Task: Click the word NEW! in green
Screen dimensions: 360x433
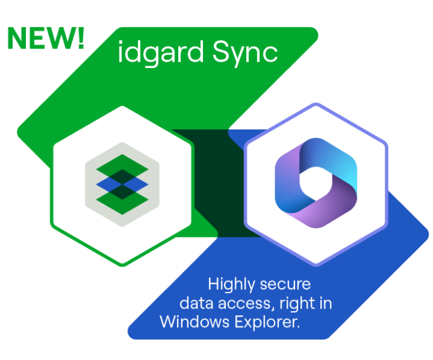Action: pyautogui.click(x=45, y=38)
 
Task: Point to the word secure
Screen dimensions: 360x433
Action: pyautogui.click(x=287, y=285)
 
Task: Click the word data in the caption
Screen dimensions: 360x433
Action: pyautogui.click(x=195, y=303)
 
